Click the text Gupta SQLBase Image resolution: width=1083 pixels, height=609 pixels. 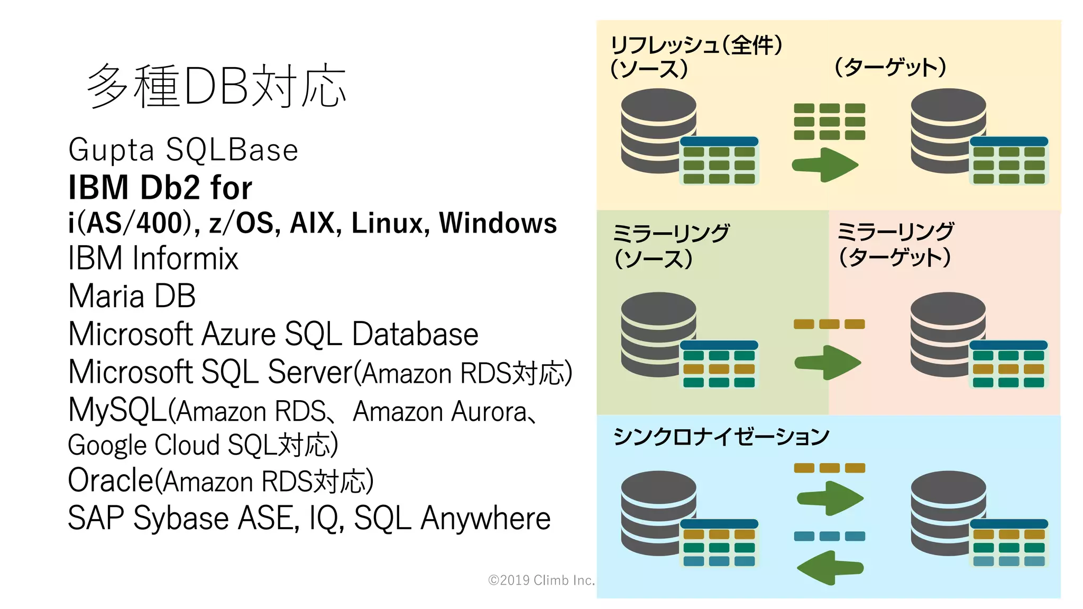183,150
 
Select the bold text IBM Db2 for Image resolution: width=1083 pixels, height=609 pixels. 160,188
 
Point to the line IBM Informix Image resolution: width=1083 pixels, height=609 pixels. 153,259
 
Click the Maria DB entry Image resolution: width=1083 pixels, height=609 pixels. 132,296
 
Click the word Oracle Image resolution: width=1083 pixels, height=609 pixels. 111,481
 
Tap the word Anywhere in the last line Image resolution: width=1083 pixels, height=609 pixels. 485,518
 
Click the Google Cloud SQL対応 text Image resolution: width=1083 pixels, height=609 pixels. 203,445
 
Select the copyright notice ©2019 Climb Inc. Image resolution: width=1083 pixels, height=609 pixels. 541,580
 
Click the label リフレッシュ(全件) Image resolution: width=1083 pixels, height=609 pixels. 696,45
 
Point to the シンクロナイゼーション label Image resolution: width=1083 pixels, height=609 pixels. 721,437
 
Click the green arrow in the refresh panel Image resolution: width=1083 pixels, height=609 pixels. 825,165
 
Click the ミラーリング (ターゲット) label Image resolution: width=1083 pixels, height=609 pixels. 895,244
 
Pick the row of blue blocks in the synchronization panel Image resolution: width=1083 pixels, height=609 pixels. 829,536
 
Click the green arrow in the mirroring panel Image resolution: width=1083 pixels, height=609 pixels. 828,363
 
